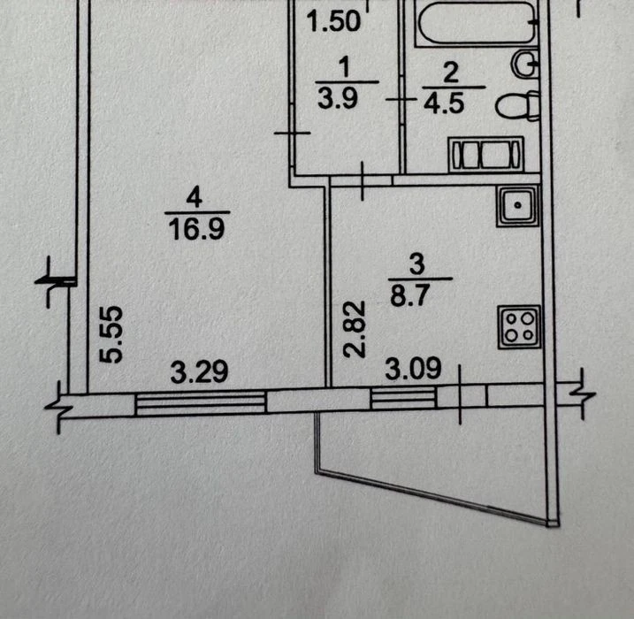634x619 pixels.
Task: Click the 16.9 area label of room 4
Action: [196, 229]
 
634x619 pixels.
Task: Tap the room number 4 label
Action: [195, 198]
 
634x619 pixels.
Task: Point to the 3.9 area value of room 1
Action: [338, 98]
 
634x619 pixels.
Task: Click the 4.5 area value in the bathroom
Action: [444, 103]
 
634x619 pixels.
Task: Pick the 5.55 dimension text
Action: [111, 334]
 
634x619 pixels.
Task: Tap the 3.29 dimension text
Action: [199, 372]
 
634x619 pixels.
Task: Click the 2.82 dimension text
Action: [355, 329]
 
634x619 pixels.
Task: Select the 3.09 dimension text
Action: [413, 369]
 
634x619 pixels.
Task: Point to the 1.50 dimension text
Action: [333, 20]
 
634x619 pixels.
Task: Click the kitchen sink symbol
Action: [518, 205]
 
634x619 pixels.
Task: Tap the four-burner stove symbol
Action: [519, 326]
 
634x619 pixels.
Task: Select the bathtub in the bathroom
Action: [477, 24]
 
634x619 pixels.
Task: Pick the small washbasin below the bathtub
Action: [526, 64]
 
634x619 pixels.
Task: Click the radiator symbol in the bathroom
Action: [485, 154]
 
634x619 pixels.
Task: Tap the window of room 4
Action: [201, 402]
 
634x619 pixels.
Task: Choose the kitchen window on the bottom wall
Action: [403, 397]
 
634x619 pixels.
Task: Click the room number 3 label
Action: [416, 264]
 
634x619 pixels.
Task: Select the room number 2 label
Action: [451, 73]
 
